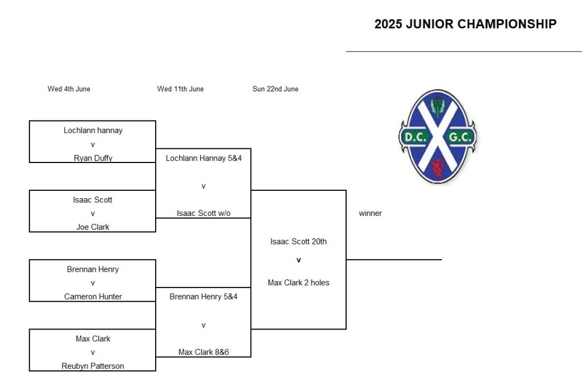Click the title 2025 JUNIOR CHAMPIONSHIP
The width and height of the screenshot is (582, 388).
point(465,24)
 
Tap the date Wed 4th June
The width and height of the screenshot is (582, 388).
point(69,89)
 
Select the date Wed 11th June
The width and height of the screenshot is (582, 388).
point(180,89)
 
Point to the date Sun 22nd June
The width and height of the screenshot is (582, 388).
point(276,89)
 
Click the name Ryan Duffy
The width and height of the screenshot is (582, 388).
point(93,158)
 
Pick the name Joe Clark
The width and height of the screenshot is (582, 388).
point(93,227)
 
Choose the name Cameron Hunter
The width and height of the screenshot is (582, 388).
point(93,297)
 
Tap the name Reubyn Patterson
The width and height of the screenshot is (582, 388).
point(93,366)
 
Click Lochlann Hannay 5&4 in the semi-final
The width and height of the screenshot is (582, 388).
point(203,158)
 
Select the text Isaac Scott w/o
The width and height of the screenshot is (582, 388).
point(203,213)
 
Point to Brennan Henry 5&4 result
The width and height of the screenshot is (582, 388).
point(203,297)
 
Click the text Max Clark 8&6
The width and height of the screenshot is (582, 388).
point(203,352)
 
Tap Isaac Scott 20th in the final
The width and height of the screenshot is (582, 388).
point(298,241)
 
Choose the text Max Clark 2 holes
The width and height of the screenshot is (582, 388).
point(298,283)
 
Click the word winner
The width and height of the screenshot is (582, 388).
point(370,213)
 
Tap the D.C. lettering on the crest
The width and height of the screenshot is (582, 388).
point(415,137)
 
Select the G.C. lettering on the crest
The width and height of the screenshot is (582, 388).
point(460,137)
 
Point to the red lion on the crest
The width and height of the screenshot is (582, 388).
point(438,168)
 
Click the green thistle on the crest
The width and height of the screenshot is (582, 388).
point(437,106)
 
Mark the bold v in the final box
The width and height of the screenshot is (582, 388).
point(298,260)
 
